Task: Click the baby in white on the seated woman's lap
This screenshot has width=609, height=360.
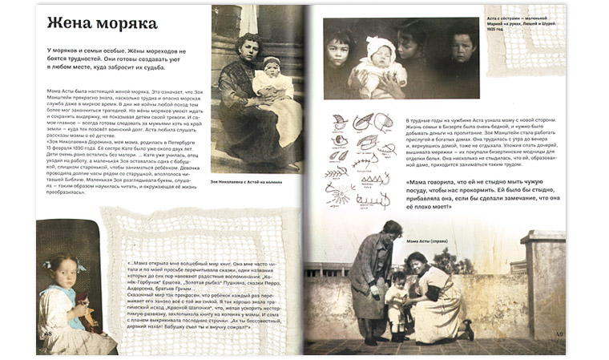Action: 271,82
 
